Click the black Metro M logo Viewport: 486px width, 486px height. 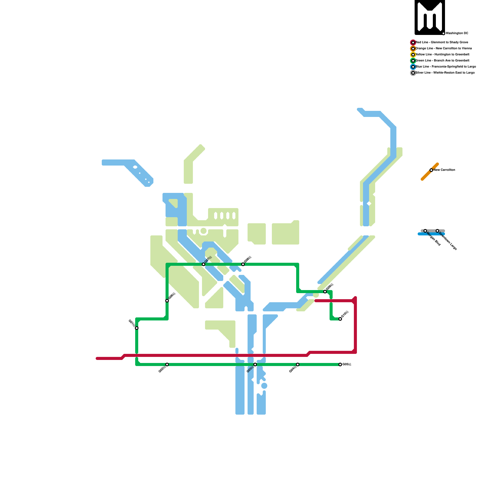(430, 17)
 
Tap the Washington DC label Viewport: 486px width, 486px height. (457, 33)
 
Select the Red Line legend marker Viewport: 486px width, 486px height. (413, 43)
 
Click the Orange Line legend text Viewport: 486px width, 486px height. (443, 49)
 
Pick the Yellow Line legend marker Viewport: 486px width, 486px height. (413, 55)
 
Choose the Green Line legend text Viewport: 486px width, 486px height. (442, 61)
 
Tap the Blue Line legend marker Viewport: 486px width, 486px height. (413, 67)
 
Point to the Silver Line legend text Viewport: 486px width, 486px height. (445, 73)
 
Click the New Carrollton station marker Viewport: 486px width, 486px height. (431, 170)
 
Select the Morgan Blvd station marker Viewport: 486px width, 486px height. (425, 231)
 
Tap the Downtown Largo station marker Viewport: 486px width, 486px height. (437, 231)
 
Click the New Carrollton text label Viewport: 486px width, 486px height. (444, 170)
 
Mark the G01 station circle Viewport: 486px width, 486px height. (137, 328)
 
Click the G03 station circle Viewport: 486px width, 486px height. (255, 364)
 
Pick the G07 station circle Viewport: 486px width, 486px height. (204, 264)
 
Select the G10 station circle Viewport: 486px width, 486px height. (340, 319)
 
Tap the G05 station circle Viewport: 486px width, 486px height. (340, 364)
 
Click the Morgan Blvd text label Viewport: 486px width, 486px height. (434, 239)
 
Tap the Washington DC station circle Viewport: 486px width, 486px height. (443, 33)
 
